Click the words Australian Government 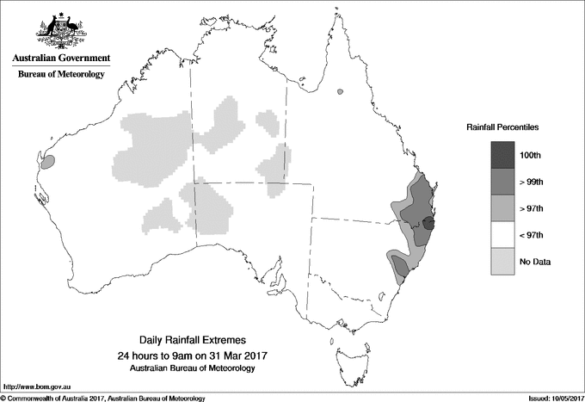(x=60, y=59)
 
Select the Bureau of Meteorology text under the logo (x=60, y=75)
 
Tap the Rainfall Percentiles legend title (x=502, y=127)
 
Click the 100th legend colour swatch (x=502, y=155)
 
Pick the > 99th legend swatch (x=502, y=182)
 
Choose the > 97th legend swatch (x=502, y=208)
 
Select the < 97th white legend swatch (x=502, y=235)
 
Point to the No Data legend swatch (x=502, y=262)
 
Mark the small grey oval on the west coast (x=49, y=161)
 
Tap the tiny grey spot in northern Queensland (x=341, y=90)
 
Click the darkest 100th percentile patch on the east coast (x=429, y=224)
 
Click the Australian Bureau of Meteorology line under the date (x=192, y=368)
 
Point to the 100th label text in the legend (x=531, y=155)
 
